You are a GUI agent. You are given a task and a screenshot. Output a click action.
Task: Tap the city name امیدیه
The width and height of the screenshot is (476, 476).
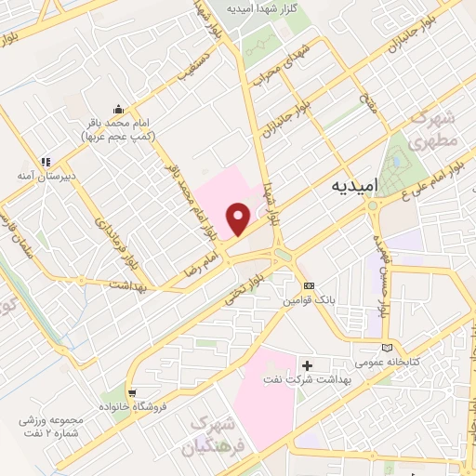[x=353, y=186]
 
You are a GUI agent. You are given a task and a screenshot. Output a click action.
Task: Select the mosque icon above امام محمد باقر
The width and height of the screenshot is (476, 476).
[x=118, y=108]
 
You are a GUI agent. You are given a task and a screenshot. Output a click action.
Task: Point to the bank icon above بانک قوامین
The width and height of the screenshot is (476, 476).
[x=310, y=285]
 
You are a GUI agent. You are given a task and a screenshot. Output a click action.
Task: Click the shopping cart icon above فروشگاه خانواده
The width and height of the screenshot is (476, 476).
[x=134, y=392]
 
